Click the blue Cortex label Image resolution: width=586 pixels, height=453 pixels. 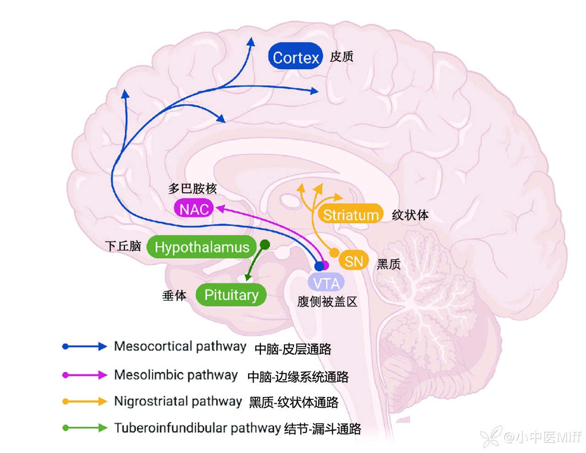point(295,57)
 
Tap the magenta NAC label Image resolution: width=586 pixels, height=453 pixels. point(194,209)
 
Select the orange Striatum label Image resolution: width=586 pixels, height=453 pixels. point(351,214)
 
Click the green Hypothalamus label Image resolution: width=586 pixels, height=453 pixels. point(202,247)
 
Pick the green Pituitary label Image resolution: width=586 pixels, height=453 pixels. point(231,295)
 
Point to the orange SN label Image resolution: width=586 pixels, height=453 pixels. point(353,261)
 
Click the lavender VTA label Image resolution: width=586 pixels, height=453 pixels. point(326,283)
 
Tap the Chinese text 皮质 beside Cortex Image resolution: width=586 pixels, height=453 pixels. point(342,56)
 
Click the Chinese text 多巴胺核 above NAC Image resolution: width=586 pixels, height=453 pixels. point(192,188)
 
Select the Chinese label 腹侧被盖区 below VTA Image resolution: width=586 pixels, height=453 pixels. point(327,301)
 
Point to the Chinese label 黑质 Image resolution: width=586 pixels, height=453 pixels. point(389,264)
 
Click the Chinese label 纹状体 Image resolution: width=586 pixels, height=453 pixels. point(410,215)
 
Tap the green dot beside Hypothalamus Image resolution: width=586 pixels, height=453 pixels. point(265,244)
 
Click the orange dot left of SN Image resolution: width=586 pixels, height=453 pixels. point(334,253)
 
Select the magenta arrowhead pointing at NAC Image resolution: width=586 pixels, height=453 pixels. point(220,208)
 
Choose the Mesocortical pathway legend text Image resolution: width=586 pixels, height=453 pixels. point(180,346)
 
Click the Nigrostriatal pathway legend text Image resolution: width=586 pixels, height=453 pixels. point(178,402)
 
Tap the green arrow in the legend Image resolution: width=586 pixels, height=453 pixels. point(85,428)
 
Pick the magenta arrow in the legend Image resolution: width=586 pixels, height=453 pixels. point(85,375)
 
